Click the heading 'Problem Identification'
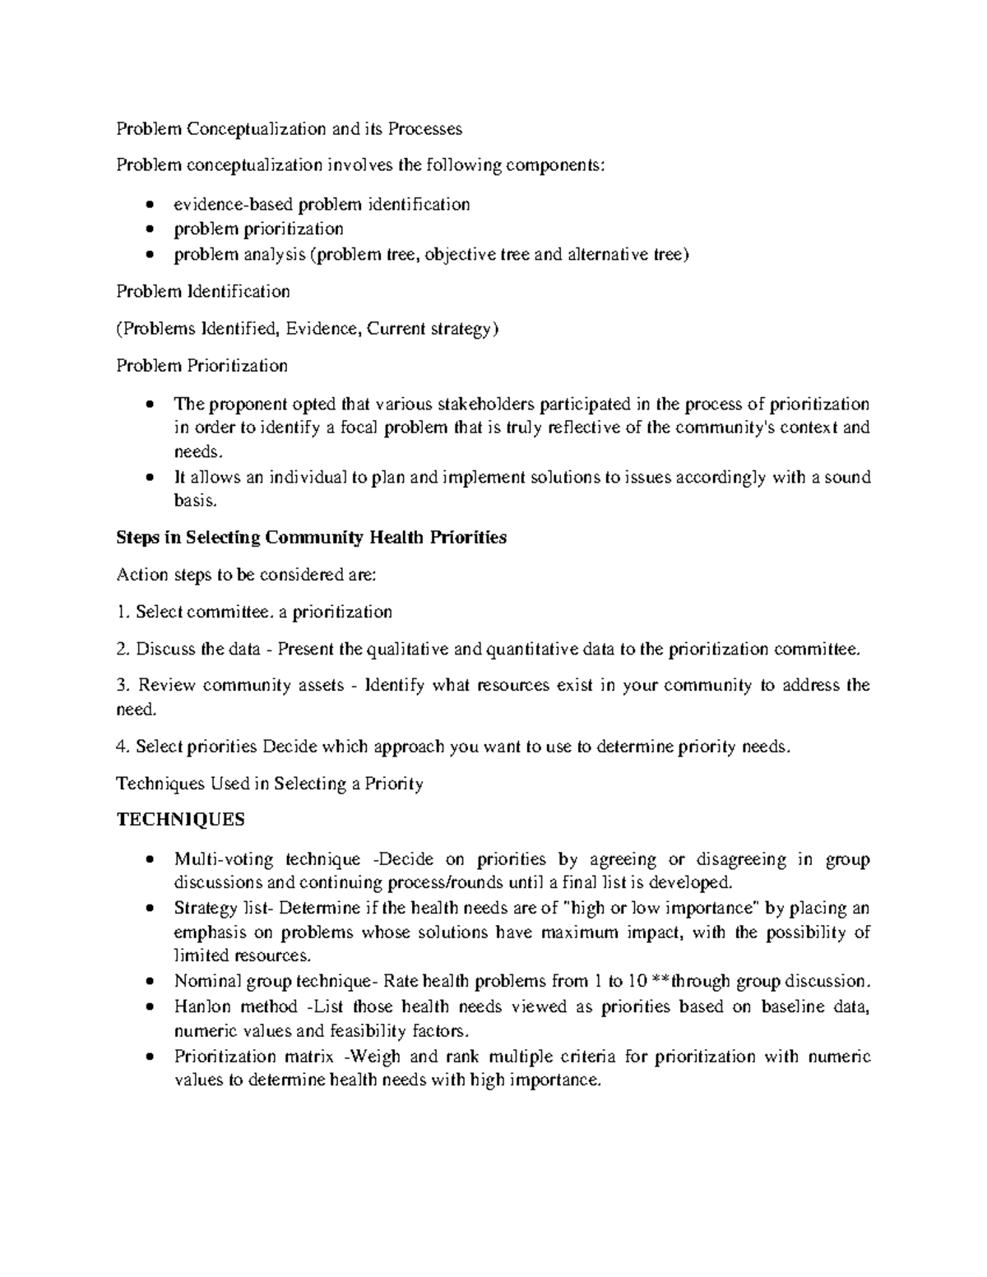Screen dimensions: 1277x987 202,291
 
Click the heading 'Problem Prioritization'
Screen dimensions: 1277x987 202,365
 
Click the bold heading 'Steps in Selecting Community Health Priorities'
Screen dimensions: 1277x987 311,538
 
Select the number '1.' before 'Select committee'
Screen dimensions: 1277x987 123,612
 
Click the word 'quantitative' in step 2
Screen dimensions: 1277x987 531,650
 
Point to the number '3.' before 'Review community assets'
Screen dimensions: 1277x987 123,686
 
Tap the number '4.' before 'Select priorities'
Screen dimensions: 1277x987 123,747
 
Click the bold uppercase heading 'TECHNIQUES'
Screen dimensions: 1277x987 180,821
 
